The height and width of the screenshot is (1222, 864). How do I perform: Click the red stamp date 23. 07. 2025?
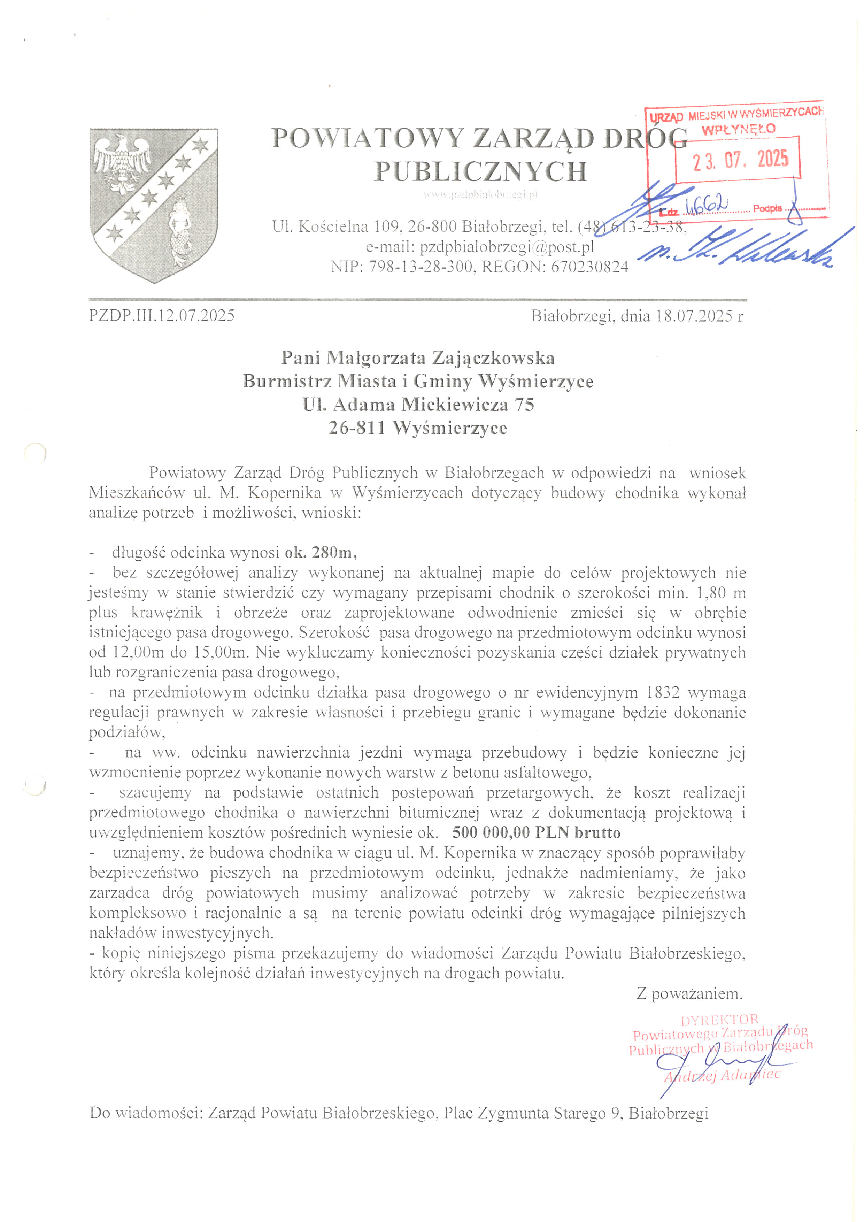point(740,160)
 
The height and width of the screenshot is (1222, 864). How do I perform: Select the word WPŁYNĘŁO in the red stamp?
point(739,129)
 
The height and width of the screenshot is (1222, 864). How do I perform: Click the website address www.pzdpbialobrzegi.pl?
point(480,195)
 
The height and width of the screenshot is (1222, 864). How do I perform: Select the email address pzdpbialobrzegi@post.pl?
point(507,247)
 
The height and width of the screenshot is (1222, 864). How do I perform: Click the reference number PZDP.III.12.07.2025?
point(162,316)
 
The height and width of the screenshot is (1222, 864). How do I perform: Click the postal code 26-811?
point(356,428)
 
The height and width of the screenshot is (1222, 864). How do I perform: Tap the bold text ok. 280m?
point(321,552)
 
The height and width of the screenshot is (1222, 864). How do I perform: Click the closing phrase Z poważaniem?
point(689,993)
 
